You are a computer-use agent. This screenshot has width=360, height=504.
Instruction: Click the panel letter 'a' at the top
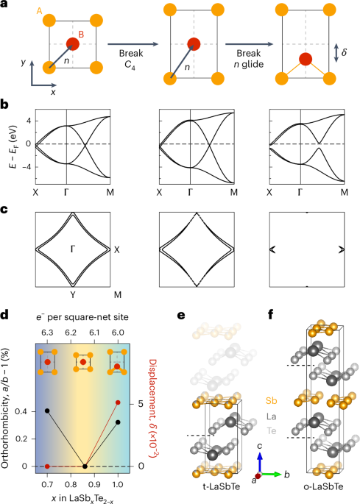click(4, 5)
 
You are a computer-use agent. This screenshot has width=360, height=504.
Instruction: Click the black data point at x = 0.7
click(47, 410)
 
